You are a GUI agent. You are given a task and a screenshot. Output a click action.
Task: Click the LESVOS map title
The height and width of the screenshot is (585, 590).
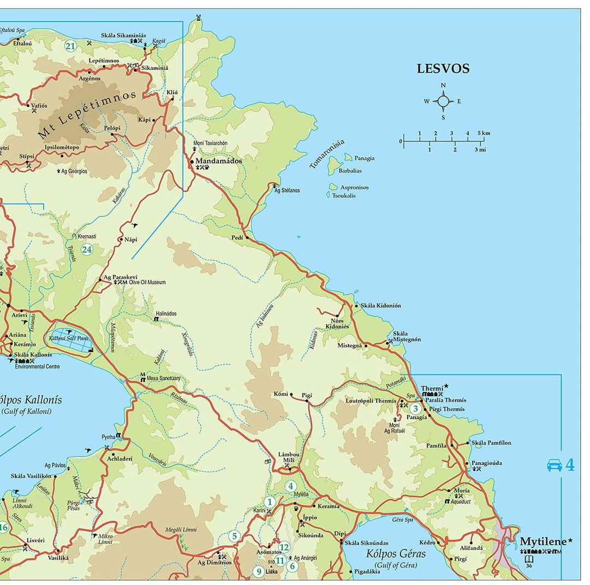(x=443, y=69)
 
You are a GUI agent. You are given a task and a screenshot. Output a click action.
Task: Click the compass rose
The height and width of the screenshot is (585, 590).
(x=443, y=101)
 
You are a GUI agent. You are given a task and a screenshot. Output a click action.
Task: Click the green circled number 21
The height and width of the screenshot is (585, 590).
(x=70, y=46)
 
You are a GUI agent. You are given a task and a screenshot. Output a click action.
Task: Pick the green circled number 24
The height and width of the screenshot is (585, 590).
(x=87, y=249)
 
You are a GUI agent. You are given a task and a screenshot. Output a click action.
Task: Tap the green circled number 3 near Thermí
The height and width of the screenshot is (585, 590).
(x=415, y=408)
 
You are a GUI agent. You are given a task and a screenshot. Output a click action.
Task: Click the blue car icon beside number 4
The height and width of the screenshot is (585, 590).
(x=554, y=465)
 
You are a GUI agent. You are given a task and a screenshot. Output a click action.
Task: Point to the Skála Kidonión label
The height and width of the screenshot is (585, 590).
(x=381, y=306)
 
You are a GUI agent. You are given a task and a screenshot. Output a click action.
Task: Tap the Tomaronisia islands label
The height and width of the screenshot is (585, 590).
(x=327, y=154)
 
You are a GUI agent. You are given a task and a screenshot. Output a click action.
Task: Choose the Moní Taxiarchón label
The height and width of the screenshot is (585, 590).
(x=210, y=143)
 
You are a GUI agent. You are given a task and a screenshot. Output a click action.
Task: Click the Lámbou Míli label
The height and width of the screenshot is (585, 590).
(x=289, y=457)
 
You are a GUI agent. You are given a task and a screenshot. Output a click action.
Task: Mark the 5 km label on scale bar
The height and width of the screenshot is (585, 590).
(x=483, y=133)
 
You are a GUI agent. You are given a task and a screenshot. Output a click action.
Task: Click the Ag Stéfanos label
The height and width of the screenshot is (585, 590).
(x=287, y=190)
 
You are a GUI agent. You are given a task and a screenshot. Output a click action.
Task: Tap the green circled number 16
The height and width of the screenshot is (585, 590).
(x=3, y=527)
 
